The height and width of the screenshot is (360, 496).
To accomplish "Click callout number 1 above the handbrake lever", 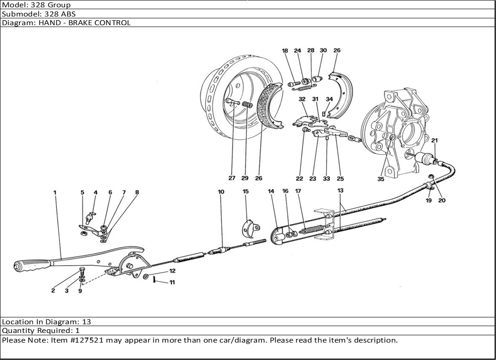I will (x=55, y=193).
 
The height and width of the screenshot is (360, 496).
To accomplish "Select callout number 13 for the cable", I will (x=340, y=190).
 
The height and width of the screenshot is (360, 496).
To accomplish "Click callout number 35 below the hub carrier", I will (x=381, y=179).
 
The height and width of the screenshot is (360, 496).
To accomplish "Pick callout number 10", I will (x=221, y=192).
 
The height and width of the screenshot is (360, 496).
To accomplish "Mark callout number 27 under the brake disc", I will (x=232, y=179).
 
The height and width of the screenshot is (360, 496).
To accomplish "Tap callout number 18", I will (x=285, y=51).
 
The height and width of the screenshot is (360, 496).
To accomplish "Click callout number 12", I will (x=172, y=271).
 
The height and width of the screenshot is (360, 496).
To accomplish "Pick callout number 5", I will (x=82, y=193).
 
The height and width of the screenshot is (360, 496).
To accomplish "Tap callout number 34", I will (x=329, y=99).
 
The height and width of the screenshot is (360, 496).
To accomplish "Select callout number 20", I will (x=441, y=200).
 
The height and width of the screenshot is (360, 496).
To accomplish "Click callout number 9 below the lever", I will (x=80, y=291).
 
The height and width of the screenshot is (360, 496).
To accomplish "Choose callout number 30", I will (x=323, y=50).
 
